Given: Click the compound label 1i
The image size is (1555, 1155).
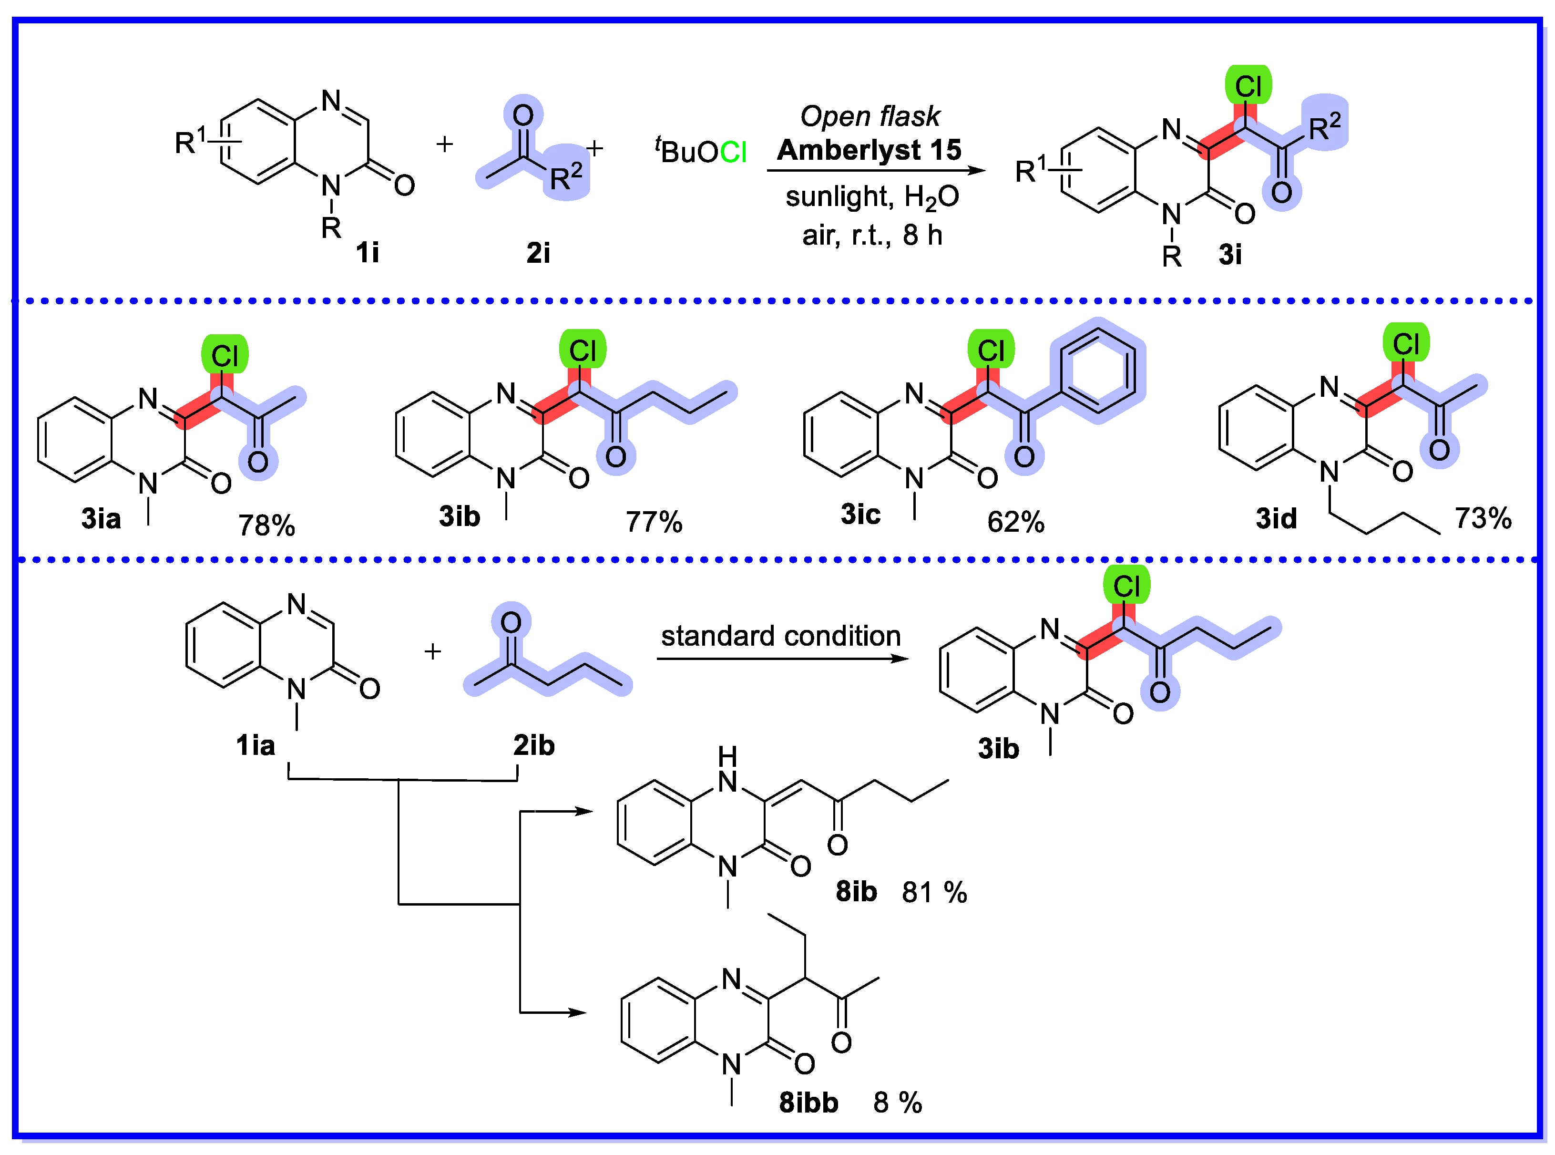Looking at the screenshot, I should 368,252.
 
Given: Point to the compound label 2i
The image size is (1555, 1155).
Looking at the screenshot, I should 538,252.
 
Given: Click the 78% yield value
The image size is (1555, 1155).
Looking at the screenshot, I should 266,525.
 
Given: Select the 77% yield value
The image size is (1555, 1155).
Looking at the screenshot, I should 654,522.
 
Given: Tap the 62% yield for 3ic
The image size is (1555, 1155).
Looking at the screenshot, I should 1015,522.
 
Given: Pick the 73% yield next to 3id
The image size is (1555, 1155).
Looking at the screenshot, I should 1483,518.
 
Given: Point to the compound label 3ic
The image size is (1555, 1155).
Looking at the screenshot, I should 860,515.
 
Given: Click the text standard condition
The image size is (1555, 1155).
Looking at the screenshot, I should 781,636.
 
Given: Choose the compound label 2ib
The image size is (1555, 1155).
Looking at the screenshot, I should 534,745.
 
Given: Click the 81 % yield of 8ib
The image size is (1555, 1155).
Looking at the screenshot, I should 934,892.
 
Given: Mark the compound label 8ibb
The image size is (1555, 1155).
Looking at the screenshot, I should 808,1103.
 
